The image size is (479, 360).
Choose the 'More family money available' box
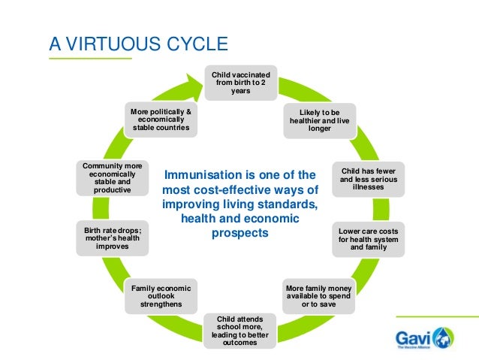coord(319,296)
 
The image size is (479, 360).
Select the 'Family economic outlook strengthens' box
coord(161,296)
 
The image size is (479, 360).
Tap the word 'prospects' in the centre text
coord(240,233)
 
